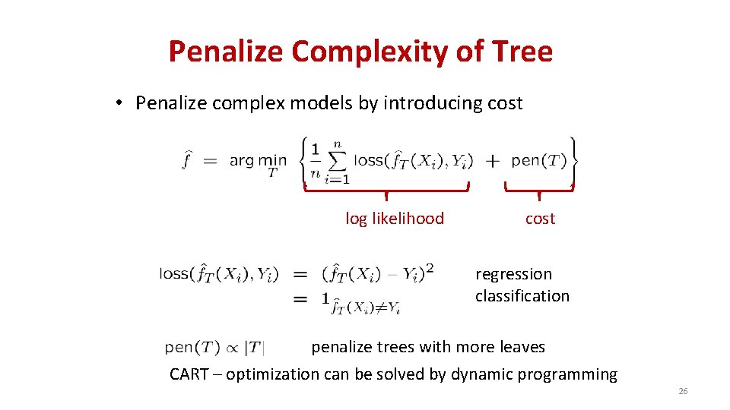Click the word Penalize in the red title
coord(226,52)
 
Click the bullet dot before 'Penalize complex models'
coord(122,103)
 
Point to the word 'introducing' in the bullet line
coord(430,103)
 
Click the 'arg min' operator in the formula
coord(258,160)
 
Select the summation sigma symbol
coord(337,160)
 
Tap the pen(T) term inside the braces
coord(539,160)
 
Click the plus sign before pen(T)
coord(493,161)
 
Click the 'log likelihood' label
coord(395,219)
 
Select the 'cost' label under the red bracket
coord(540,219)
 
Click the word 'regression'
coord(514,274)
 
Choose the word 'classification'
coord(522,296)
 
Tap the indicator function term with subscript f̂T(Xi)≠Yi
coord(361,303)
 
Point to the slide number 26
coord(682,391)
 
